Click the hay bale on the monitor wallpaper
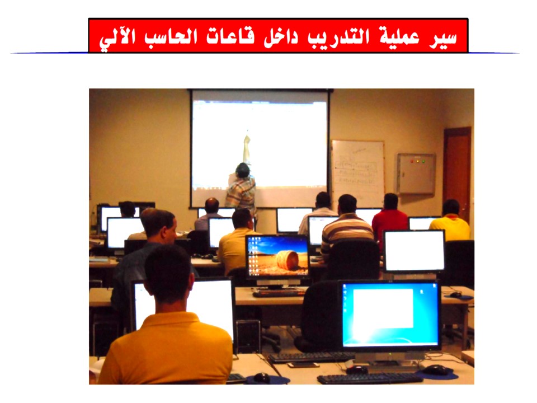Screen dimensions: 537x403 click(x=288, y=260)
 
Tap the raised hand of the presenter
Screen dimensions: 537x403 click(x=247, y=139)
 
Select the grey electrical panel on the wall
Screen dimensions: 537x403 click(x=416, y=174)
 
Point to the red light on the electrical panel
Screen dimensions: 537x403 click(x=412, y=161)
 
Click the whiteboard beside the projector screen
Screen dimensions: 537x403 click(x=358, y=168)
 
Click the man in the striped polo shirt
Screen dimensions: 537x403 click(x=347, y=226)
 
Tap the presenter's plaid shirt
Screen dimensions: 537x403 click(x=242, y=191)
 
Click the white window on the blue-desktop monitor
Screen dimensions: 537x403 click(x=383, y=308)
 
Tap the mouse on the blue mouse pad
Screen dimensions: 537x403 click(x=436, y=369)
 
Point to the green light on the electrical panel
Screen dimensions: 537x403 click(x=423, y=161)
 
